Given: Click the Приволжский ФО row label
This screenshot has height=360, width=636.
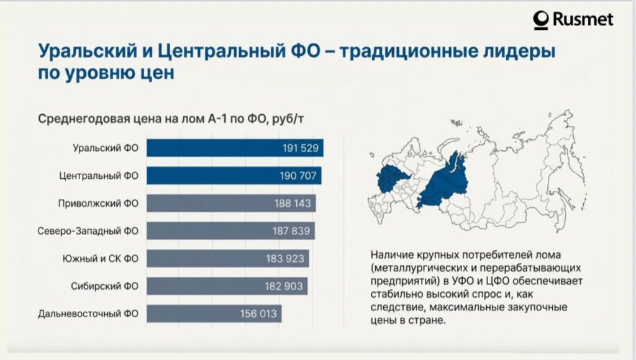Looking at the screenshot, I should coord(98,204).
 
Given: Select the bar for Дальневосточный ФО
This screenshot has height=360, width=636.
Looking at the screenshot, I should coord(214,313).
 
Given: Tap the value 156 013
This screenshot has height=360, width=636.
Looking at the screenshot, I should coord(258,313).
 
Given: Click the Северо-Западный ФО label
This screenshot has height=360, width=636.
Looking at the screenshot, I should coord(88,231).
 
